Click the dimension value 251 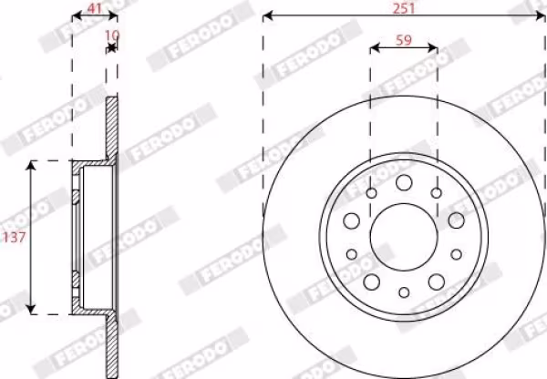[x=404, y=7]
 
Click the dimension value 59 [x=404, y=40]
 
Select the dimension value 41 [x=94, y=8]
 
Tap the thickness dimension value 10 [x=112, y=35]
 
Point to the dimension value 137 [x=14, y=238]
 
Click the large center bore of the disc [x=404, y=237]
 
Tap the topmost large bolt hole [x=404, y=182]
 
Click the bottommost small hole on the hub [x=404, y=292]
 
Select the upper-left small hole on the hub [x=372, y=193]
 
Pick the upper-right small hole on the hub [x=436, y=193]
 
